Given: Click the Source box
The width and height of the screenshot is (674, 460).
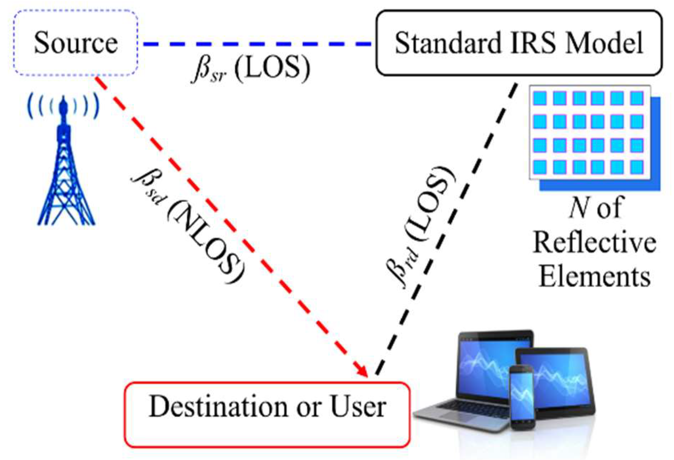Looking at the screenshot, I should click(x=75, y=43).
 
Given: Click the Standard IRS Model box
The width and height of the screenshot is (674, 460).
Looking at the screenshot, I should click(x=518, y=43).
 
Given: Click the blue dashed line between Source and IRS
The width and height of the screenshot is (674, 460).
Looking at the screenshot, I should click(x=257, y=44).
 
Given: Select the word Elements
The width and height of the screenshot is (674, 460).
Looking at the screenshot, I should click(x=594, y=276).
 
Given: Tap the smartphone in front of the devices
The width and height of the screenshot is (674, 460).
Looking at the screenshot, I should click(x=522, y=396).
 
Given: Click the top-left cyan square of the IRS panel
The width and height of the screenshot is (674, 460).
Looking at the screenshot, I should click(x=540, y=98).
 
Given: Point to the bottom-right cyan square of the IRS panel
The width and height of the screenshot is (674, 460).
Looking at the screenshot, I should click(x=637, y=167).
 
